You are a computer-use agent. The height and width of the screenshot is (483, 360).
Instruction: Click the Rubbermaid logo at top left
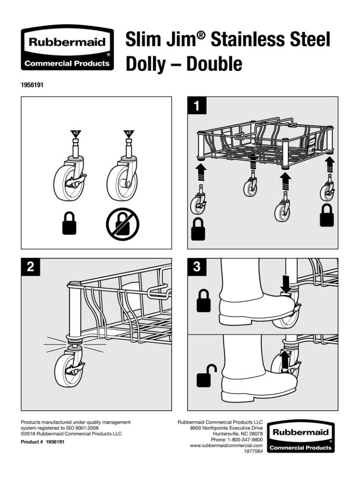[67, 48]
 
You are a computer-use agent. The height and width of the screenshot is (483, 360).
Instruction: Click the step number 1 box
[197, 106]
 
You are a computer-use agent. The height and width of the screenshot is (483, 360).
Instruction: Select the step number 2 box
[30, 267]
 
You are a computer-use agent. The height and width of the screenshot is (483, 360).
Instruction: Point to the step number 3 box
[197, 267]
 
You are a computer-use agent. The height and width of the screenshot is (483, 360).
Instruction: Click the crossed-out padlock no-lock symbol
[122, 224]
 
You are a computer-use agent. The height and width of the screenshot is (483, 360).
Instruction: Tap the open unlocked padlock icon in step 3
[206, 376]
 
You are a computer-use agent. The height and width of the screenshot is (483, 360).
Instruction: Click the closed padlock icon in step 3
[203, 301]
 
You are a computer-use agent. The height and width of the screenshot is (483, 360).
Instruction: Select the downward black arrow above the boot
[286, 284]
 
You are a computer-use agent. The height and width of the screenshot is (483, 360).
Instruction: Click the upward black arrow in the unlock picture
[285, 360]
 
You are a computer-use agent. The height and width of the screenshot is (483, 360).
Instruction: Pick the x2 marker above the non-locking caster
[129, 134]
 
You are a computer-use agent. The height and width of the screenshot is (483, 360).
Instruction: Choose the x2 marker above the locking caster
[76, 134]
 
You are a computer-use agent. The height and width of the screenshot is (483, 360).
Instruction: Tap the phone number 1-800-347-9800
[245, 440]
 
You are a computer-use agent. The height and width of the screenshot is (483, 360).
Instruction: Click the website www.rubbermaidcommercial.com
[227, 445]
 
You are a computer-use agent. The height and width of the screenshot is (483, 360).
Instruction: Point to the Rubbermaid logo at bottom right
[300, 437]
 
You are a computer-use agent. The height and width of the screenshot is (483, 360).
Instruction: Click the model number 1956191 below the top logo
[32, 85]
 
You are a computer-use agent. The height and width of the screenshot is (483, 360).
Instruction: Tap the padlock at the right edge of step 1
[327, 215]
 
